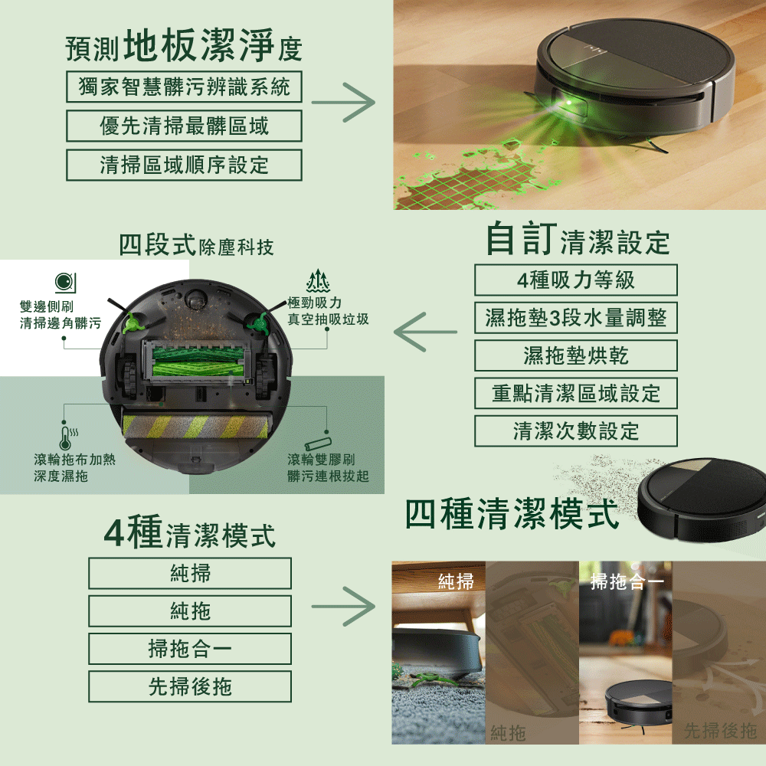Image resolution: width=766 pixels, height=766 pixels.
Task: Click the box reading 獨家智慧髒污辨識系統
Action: click(x=184, y=87)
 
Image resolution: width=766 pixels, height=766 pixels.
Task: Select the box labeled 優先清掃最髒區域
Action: click(x=184, y=126)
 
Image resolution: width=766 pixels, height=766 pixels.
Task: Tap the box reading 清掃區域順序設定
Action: click(x=184, y=165)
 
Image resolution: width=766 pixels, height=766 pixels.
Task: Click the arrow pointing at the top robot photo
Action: click(x=343, y=103)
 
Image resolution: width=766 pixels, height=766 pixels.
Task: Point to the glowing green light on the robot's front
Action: click(x=568, y=103)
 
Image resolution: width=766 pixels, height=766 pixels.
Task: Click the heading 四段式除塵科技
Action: click(x=196, y=245)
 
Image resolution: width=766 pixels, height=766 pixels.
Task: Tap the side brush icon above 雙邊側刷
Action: click(x=65, y=283)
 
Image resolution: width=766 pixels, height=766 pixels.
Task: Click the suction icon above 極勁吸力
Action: click(x=318, y=280)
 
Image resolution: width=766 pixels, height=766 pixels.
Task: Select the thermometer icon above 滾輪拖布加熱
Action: click(x=68, y=437)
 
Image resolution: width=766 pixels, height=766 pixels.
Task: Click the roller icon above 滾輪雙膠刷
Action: click(x=319, y=444)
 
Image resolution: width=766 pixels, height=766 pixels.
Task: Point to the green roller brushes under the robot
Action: click(x=198, y=362)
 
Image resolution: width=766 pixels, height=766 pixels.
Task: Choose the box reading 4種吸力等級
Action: click(x=576, y=280)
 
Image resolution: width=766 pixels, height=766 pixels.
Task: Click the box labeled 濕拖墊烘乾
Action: click(x=576, y=355)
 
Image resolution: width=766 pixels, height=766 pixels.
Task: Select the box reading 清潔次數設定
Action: click(x=576, y=430)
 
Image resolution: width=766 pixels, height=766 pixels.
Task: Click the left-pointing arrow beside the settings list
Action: click(x=425, y=332)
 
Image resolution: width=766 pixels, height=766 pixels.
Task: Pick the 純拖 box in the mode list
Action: click(x=190, y=611)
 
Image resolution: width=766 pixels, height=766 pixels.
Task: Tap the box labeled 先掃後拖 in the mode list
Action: click(x=190, y=686)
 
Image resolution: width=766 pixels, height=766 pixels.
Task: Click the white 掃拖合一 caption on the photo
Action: click(x=627, y=582)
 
